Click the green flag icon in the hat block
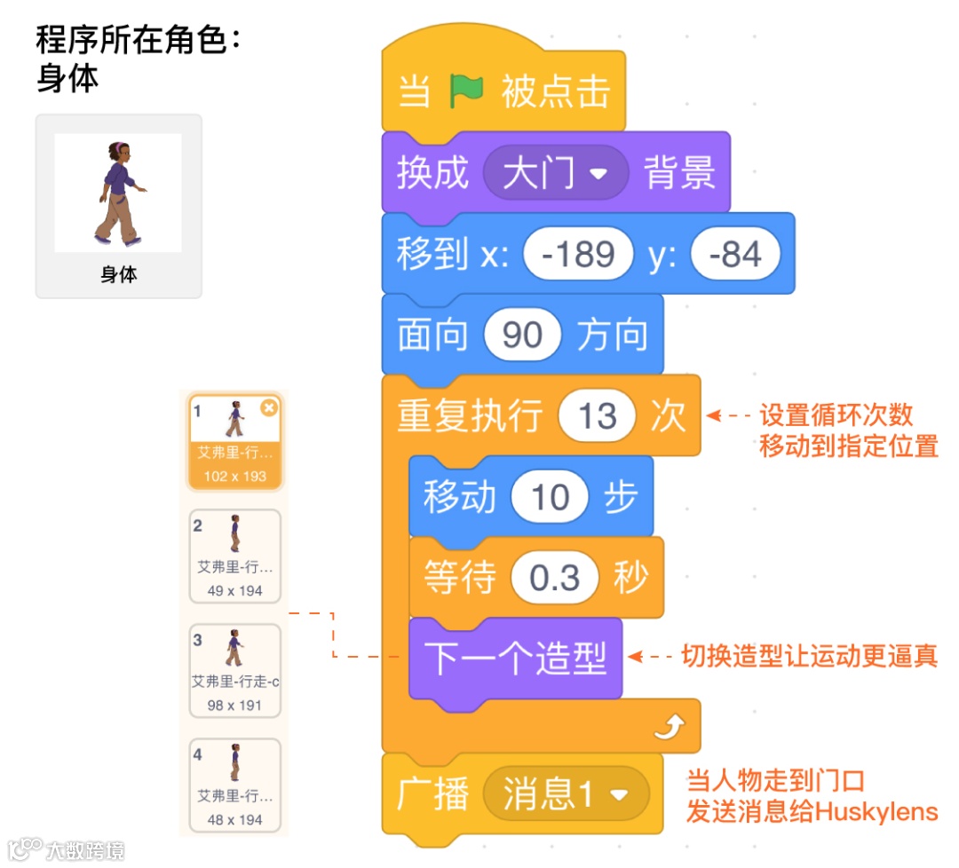[x=466, y=91]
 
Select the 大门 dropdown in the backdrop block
[x=555, y=172]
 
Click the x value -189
[x=578, y=254]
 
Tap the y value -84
[x=735, y=254]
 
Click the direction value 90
[x=522, y=335]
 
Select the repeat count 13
[x=597, y=415]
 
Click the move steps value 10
[x=550, y=497]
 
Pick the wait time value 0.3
[x=555, y=579]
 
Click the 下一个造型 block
[x=515, y=659]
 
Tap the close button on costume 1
[x=269, y=406]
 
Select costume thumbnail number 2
[x=234, y=555]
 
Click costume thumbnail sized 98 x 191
[x=234, y=669]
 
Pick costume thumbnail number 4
[x=234, y=784]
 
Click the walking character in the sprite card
[x=118, y=193]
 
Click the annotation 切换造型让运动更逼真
[x=809, y=657]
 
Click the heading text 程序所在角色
[x=138, y=40]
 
